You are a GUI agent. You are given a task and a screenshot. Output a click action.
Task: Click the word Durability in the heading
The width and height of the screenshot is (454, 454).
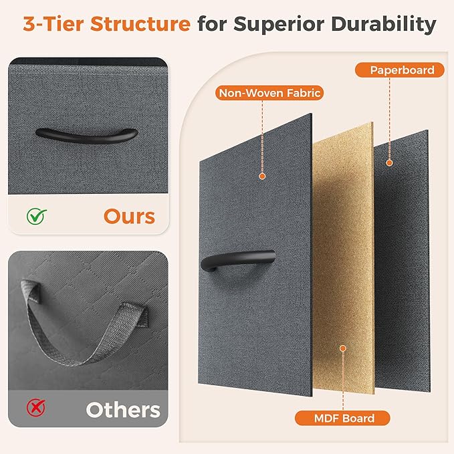[383, 25]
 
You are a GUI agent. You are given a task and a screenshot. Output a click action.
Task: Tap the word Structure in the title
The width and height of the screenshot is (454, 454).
[140, 24]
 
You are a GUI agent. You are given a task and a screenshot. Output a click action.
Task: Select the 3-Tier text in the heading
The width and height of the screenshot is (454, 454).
[53, 24]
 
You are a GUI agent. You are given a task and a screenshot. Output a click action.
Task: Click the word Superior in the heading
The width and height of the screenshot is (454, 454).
[279, 25]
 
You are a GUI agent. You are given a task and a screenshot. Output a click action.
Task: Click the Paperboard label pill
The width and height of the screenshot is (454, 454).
[400, 70]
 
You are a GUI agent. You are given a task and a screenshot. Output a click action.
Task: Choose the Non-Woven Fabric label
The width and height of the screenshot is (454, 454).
[269, 93]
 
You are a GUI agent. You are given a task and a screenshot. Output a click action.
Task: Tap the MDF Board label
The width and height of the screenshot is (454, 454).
[342, 418]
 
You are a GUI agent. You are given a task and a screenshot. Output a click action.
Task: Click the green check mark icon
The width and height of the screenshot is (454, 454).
[37, 216]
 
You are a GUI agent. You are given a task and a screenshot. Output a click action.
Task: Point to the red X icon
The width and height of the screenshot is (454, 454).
[36, 408]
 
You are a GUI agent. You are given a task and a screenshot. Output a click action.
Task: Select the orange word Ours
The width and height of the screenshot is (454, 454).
[130, 217]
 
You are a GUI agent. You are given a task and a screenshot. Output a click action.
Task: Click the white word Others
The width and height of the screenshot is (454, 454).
[123, 410]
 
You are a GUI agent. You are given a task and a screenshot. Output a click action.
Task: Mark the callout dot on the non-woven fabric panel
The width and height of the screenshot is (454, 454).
[262, 176]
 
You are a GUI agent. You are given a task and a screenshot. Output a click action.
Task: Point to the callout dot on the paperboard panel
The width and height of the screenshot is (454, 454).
[389, 162]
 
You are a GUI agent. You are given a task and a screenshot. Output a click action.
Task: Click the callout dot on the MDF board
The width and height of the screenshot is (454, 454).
[343, 348]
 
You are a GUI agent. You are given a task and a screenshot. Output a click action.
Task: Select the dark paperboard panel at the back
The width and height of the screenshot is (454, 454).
[402, 261]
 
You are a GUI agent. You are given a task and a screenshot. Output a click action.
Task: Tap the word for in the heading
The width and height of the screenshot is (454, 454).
[212, 24]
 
